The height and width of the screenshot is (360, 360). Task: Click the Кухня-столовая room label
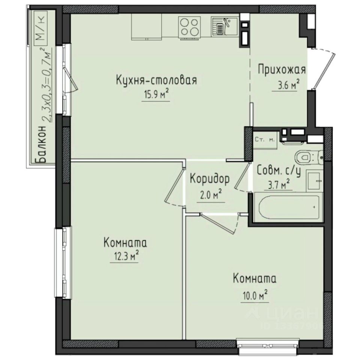click(x=156, y=81)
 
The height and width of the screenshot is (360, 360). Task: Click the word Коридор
click(x=209, y=179)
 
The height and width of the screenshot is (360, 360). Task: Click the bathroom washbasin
click(x=313, y=180)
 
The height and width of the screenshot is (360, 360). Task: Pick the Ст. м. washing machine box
click(x=265, y=140)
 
